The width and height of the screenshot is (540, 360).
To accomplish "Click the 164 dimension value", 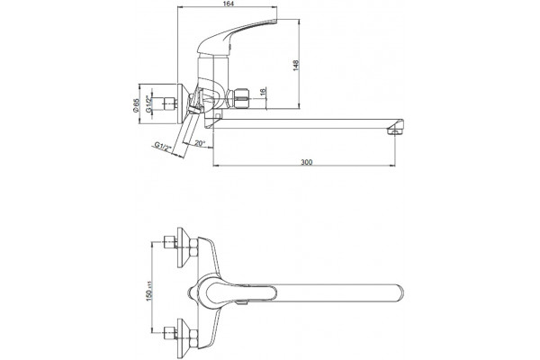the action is point(229,4).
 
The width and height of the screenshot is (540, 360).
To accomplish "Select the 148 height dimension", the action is point(296,66).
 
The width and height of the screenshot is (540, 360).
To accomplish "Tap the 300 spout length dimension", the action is point(306,162).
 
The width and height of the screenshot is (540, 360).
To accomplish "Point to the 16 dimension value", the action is point(263,92).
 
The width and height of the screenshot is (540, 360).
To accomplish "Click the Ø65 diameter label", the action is point(135,104).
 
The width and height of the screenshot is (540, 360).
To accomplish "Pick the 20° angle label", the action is point(200,143).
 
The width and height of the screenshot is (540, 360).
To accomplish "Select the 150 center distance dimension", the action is point(149,292).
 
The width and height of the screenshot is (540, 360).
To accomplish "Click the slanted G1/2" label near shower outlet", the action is point(163,147).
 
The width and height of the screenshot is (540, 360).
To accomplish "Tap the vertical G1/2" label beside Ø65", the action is point(148,104).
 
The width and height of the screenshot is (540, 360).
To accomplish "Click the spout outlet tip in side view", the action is point(395,130).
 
